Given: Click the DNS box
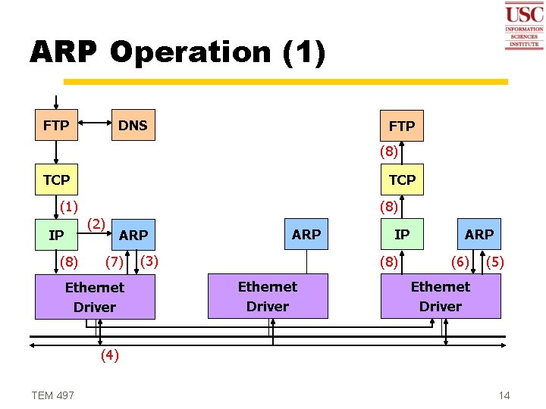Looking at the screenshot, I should [133, 125].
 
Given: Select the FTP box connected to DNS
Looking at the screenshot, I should [57, 125].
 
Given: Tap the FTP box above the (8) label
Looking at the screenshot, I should [402, 126].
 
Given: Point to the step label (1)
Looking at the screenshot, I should [69, 206].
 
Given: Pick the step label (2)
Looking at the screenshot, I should [96, 224].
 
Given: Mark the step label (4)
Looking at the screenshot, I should [110, 355].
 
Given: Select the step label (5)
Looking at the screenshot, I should [494, 262].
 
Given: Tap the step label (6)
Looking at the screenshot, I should [460, 262].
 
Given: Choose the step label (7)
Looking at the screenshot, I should [115, 262].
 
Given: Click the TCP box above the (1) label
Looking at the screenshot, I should [57, 180].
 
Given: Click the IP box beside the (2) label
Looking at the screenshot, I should [57, 235].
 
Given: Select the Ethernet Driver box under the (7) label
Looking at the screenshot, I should [95, 297].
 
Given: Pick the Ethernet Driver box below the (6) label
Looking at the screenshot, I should [441, 296].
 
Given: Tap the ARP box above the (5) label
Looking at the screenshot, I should [479, 234].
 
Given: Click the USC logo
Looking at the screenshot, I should [524, 26].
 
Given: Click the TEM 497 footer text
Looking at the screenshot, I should [53, 395].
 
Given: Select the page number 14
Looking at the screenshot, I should [504, 395].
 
